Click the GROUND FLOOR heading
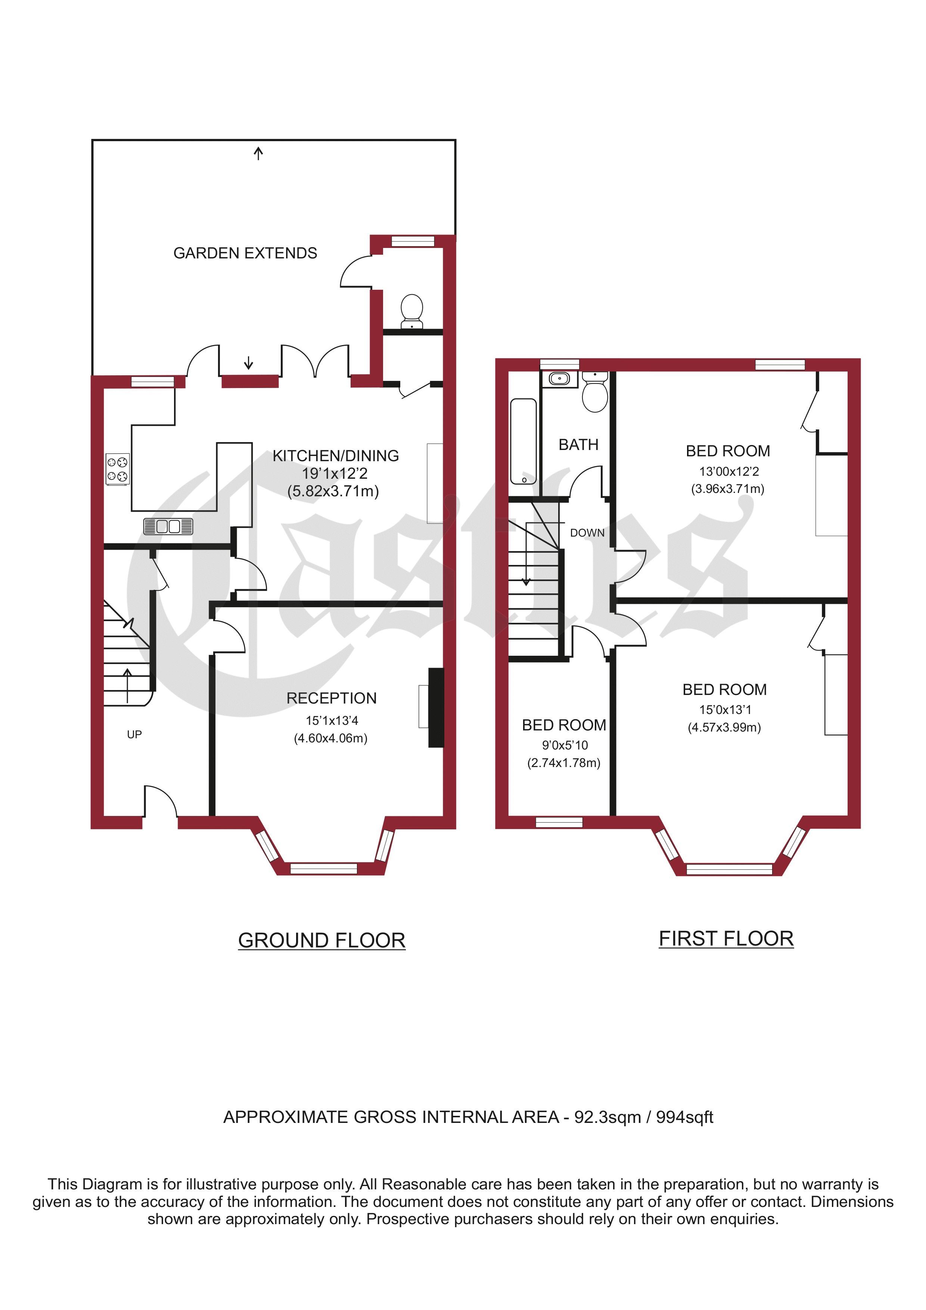(x=322, y=940)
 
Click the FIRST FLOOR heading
(x=726, y=938)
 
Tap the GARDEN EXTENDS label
(x=245, y=253)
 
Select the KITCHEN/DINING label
(x=335, y=456)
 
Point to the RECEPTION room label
(x=332, y=698)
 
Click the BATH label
(x=578, y=444)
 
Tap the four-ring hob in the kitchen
(x=118, y=469)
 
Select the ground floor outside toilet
(x=412, y=311)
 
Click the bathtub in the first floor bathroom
(x=523, y=442)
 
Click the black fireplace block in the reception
(x=436, y=708)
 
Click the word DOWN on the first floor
(x=587, y=533)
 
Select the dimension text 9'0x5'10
(x=565, y=745)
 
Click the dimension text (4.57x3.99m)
(x=725, y=727)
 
